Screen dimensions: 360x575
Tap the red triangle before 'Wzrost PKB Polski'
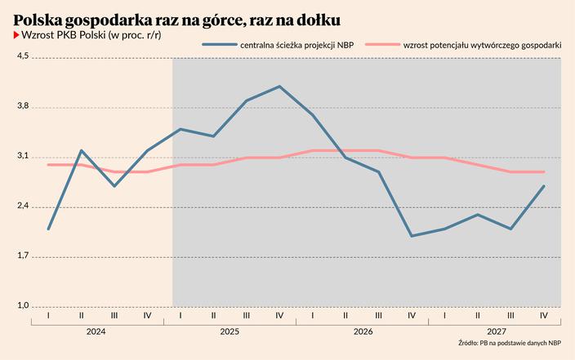[x=16, y=37]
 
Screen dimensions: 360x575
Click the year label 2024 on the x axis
[x=97, y=332]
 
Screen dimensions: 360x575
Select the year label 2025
[x=230, y=332]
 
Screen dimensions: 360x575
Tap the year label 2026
[x=362, y=332]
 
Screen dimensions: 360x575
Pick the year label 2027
[x=495, y=332]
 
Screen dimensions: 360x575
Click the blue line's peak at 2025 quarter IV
[x=279, y=86]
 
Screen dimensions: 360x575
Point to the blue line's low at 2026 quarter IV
[x=412, y=236]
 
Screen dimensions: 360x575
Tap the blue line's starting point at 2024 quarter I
[x=49, y=229]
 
